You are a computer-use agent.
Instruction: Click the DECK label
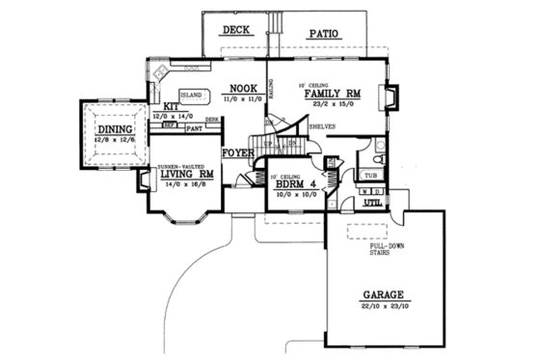236,30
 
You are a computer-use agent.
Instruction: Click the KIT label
171,107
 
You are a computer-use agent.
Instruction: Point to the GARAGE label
385,295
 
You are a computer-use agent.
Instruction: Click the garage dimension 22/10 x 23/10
385,306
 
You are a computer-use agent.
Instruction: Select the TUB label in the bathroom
371,176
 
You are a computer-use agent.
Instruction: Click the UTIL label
372,204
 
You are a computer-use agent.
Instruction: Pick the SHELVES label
322,126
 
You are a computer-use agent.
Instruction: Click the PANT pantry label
194,127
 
